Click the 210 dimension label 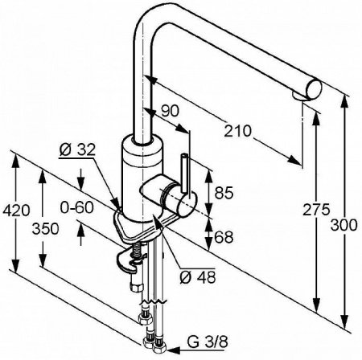[237, 131]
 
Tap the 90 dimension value [170, 111]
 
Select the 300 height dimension [343, 225]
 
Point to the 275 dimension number [316, 210]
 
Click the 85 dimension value [224, 193]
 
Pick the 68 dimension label [224, 237]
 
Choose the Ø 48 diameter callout [198, 278]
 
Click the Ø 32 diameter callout [77, 150]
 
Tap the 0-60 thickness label [77, 207]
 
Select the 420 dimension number [16, 211]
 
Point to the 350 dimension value [45, 229]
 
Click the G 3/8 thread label [208, 342]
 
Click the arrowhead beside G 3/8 [171, 350]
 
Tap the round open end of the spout [314, 90]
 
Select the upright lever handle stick [185, 173]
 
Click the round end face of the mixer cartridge [187, 205]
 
